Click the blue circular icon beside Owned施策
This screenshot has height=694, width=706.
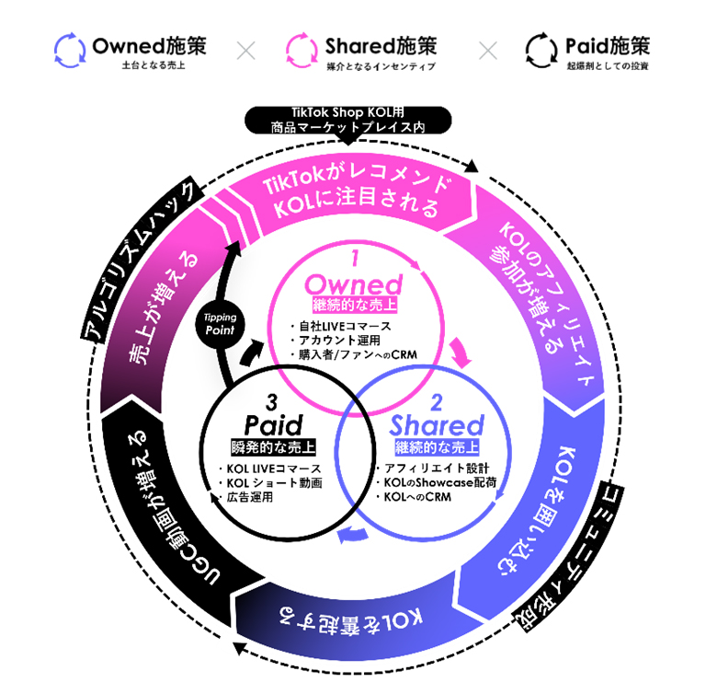pyautogui.click(x=70, y=50)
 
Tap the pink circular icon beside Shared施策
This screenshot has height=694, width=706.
pyautogui.click(x=302, y=50)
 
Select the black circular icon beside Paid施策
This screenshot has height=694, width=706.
pyautogui.click(x=541, y=50)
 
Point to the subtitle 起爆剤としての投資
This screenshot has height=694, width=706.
pyautogui.click(x=607, y=66)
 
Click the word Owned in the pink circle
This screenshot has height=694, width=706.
pyautogui.click(x=353, y=283)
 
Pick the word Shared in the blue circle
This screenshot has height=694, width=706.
pyautogui.click(x=437, y=426)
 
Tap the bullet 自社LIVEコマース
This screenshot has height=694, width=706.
pyautogui.click(x=339, y=325)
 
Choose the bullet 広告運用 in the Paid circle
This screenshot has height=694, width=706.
pyautogui.click(x=249, y=497)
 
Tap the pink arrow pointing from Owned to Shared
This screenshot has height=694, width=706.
pyautogui.click(x=461, y=353)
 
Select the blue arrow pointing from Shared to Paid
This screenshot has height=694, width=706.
pyautogui.click(x=350, y=537)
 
